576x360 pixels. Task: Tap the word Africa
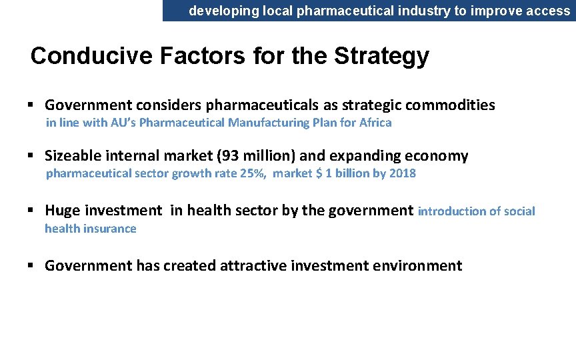pos(375,123)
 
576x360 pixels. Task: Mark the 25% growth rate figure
pos(255,173)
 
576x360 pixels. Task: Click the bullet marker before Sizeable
pos(31,156)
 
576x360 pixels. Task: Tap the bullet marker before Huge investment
pos(31,211)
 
